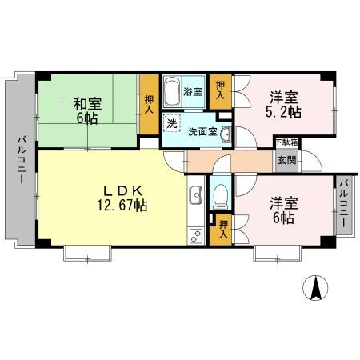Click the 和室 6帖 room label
(x=87, y=110)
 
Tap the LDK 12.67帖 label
(x=122, y=198)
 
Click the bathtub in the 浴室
(x=173, y=93)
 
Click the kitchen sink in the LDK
(x=194, y=195)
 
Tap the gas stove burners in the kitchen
(x=194, y=234)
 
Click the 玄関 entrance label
(x=286, y=158)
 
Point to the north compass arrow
(x=317, y=287)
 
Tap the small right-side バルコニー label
(x=343, y=205)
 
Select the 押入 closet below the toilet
(x=223, y=229)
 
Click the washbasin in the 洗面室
(x=226, y=134)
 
